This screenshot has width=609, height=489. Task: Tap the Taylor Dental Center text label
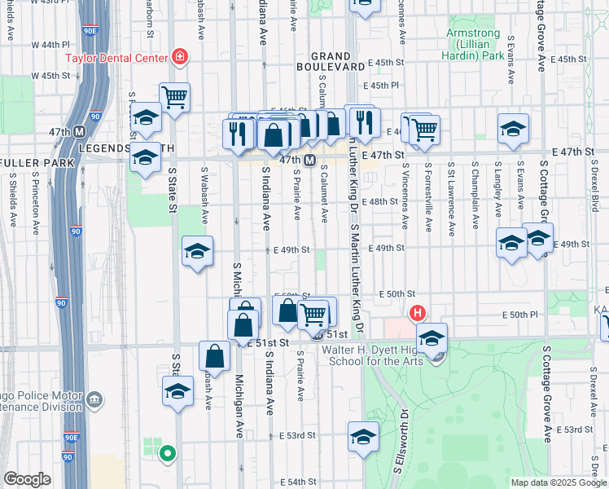click(x=116, y=58)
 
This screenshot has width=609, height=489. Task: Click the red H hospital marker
click(x=418, y=313)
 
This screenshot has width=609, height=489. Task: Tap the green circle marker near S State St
click(x=168, y=453)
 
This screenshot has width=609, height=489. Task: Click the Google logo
click(x=27, y=479)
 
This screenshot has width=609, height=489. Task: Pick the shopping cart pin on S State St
click(x=175, y=98)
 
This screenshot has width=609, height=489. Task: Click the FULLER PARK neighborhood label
click(x=37, y=163)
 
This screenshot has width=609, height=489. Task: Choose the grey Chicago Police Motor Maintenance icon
click(x=94, y=399)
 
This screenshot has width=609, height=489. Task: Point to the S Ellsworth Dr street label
click(x=401, y=440)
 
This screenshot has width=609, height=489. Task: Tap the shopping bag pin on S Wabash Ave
click(x=214, y=356)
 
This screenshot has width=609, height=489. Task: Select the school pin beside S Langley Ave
click(x=511, y=244)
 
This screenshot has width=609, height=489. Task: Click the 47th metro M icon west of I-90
click(x=80, y=132)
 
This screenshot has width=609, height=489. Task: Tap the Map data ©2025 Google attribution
click(x=559, y=482)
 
